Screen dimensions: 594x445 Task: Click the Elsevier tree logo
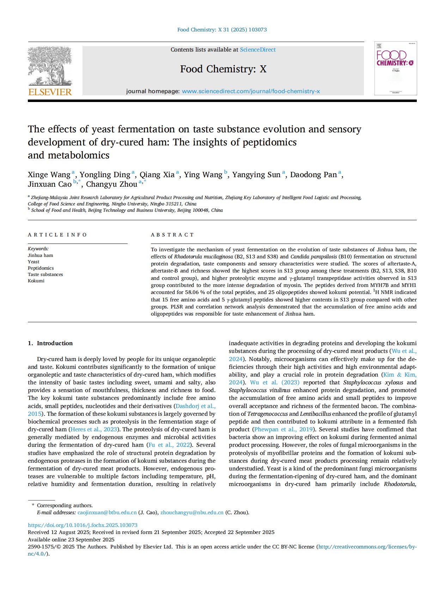[50, 66]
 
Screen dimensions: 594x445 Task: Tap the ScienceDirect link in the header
[257, 50]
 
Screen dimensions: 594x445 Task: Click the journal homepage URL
[251, 91]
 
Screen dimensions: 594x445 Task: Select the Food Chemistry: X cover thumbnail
[395, 68]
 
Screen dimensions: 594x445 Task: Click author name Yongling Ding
[105, 175]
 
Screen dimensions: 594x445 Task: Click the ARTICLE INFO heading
[57, 235]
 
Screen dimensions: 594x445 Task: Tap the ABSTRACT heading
[172, 235]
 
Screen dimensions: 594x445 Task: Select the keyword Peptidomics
[41, 268]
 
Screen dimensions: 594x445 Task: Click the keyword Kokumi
[36, 281]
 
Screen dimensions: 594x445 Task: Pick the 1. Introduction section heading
[50, 343]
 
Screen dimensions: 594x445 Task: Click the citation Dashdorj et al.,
[195, 406]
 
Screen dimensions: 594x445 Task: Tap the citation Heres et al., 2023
[93, 430]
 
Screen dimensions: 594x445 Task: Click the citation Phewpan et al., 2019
[283, 430]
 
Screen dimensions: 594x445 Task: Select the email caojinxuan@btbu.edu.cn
[107, 512]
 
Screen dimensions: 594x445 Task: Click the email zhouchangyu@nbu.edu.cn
[192, 512]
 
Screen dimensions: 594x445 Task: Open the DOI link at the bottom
[83, 525]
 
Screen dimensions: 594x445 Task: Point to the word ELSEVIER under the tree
[50, 92]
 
